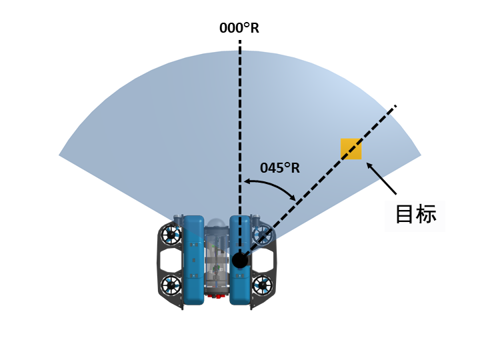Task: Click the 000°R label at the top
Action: pyautogui.click(x=239, y=29)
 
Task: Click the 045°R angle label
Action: pyautogui.click(x=280, y=168)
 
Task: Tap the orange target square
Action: pyautogui.click(x=351, y=149)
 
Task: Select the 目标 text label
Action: pyautogui.click(x=415, y=214)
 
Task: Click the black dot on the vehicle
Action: pyautogui.click(x=240, y=260)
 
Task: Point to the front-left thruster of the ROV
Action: pyautogui.click(x=171, y=235)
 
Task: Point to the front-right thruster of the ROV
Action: pyautogui.click(x=263, y=235)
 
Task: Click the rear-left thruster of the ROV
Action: pyautogui.click(x=171, y=285)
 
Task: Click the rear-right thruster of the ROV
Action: pyautogui.click(x=263, y=285)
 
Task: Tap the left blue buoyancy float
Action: pyautogui.click(x=193, y=260)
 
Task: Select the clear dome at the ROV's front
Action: pyautogui.click(x=217, y=224)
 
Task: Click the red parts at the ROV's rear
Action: pyautogui.click(x=217, y=295)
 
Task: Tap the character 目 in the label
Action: pyautogui.click(x=405, y=214)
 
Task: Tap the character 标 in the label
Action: pyautogui.click(x=426, y=214)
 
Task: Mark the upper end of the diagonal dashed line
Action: pyautogui.click(x=395, y=106)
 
